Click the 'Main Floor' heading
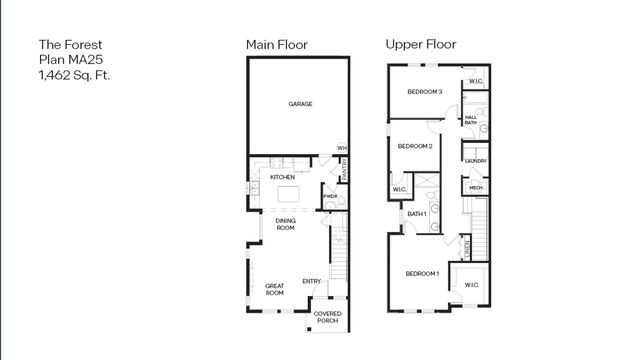277,45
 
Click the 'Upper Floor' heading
421,45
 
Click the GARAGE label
300,104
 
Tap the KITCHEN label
282,177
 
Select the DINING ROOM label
285,227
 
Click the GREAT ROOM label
275,290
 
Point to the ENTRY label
311,281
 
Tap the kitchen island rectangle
288,194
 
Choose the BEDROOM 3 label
425,93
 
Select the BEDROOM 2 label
415,146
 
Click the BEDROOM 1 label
422,273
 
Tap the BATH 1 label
416,214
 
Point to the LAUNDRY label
475,161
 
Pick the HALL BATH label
470,121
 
